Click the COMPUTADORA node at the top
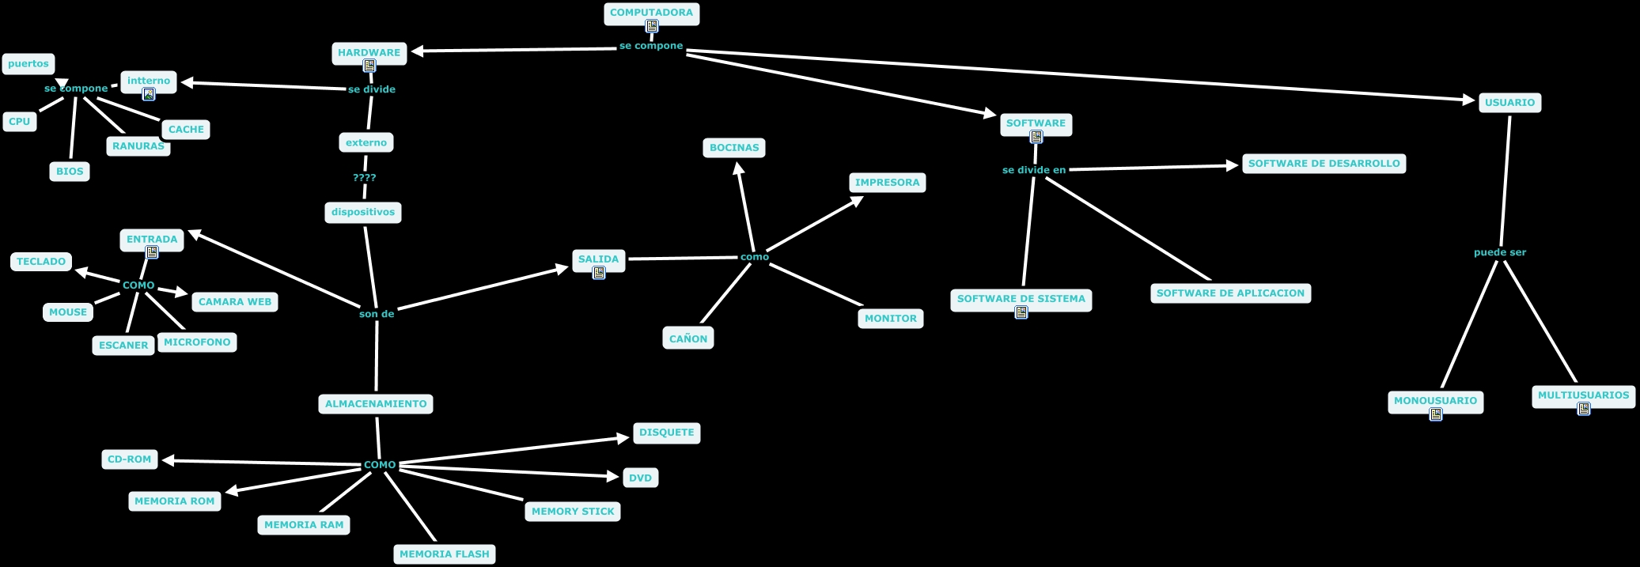coord(651,13)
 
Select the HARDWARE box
coord(369,53)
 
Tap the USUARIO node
coord(1509,103)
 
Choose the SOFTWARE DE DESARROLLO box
coord(1324,164)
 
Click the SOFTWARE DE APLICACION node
coord(1230,293)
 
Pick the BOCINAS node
coord(734,148)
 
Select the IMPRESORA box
coord(887,183)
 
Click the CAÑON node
coord(688,338)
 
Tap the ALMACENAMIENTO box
coord(376,404)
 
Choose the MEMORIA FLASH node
coord(445,554)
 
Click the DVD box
coord(641,478)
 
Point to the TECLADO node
coord(41,262)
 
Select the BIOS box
coord(70,172)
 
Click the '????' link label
coord(365,178)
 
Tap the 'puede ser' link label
coord(1500,252)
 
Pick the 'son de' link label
coord(377,314)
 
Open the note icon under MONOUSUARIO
coord(1436,414)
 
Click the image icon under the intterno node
coord(149,94)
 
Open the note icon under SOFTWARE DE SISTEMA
coord(1021,312)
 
